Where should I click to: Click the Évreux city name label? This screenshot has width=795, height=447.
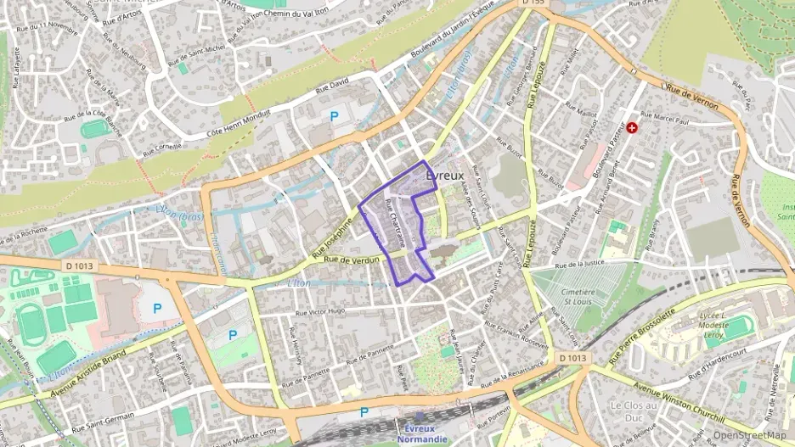(443, 175)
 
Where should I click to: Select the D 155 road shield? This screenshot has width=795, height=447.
(533, 3)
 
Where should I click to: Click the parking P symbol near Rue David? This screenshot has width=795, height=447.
(334, 116)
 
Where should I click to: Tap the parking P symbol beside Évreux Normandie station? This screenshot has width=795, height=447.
(364, 412)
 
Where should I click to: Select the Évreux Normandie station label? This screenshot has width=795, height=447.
(426, 433)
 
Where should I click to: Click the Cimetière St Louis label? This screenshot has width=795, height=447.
(580, 297)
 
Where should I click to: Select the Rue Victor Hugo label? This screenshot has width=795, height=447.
(319, 311)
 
